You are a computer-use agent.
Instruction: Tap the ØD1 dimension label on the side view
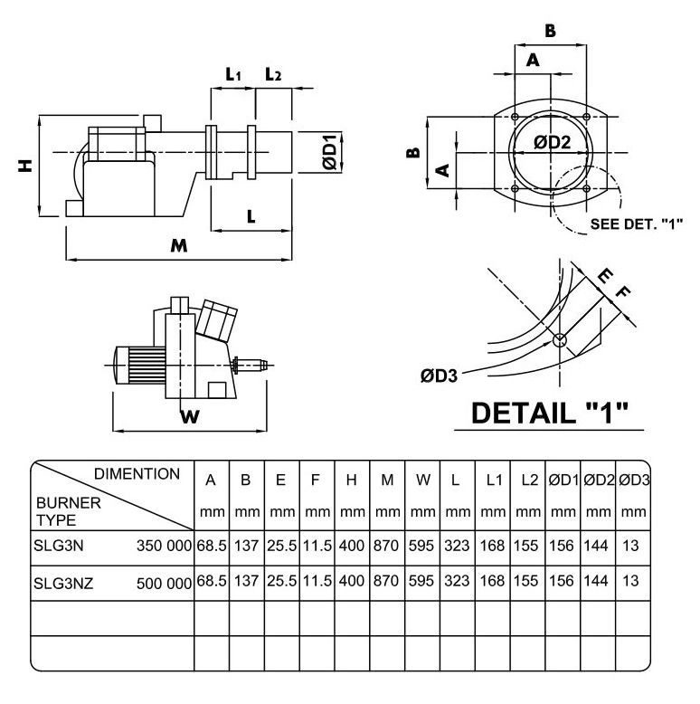329,151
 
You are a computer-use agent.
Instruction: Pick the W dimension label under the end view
188,416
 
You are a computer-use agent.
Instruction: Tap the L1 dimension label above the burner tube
232,75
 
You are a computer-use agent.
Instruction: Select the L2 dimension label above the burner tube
273,75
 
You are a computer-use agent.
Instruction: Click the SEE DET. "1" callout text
636,223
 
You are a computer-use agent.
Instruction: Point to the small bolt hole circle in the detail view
560,339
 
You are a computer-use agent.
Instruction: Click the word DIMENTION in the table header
137,473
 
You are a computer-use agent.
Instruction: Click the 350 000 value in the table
165,546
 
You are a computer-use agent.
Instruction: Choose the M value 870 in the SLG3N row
387,546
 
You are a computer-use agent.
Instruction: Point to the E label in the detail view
605,275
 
